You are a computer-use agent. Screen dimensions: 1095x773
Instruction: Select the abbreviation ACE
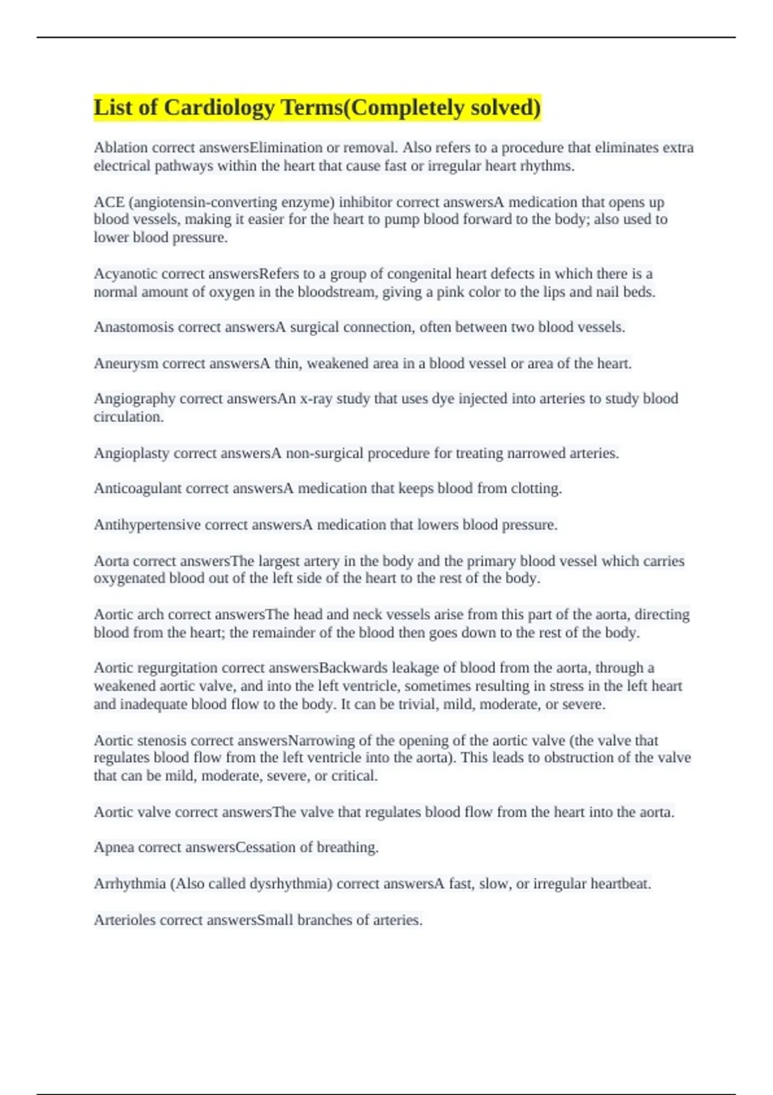point(109,202)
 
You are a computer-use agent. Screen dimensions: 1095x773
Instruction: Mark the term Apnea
point(114,848)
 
